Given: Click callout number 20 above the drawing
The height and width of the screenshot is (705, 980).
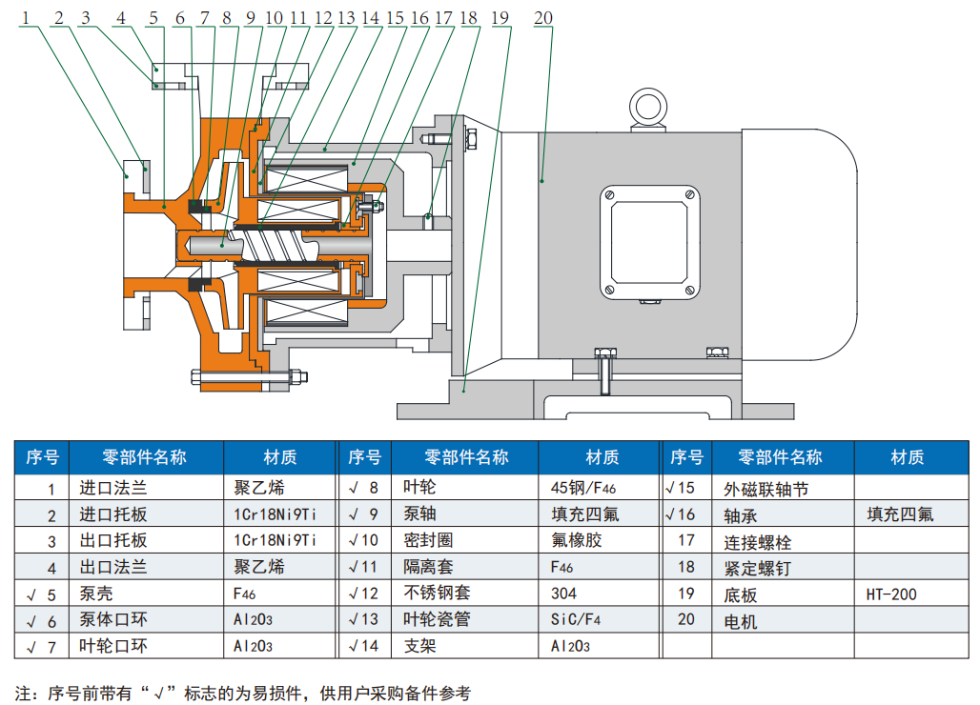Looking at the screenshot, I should [542, 18].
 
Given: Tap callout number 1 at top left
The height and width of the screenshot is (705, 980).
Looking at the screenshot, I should [27, 18].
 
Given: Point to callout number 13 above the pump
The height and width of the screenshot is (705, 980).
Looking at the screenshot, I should [346, 18].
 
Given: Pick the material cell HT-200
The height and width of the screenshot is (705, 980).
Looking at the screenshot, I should [891, 594].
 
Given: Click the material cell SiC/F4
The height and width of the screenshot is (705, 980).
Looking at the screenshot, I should [575, 620].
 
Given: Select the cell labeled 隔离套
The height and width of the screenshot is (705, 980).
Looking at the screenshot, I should [427, 568].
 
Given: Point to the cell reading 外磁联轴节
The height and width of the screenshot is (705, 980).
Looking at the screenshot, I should [766, 489].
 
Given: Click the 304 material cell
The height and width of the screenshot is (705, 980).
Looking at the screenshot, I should [563, 594].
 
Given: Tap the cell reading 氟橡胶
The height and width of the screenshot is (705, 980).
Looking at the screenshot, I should [578, 541].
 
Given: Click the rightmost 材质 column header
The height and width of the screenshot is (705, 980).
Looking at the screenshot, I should [907, 457].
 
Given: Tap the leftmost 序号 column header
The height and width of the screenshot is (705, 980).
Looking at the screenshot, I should [42, 457].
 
